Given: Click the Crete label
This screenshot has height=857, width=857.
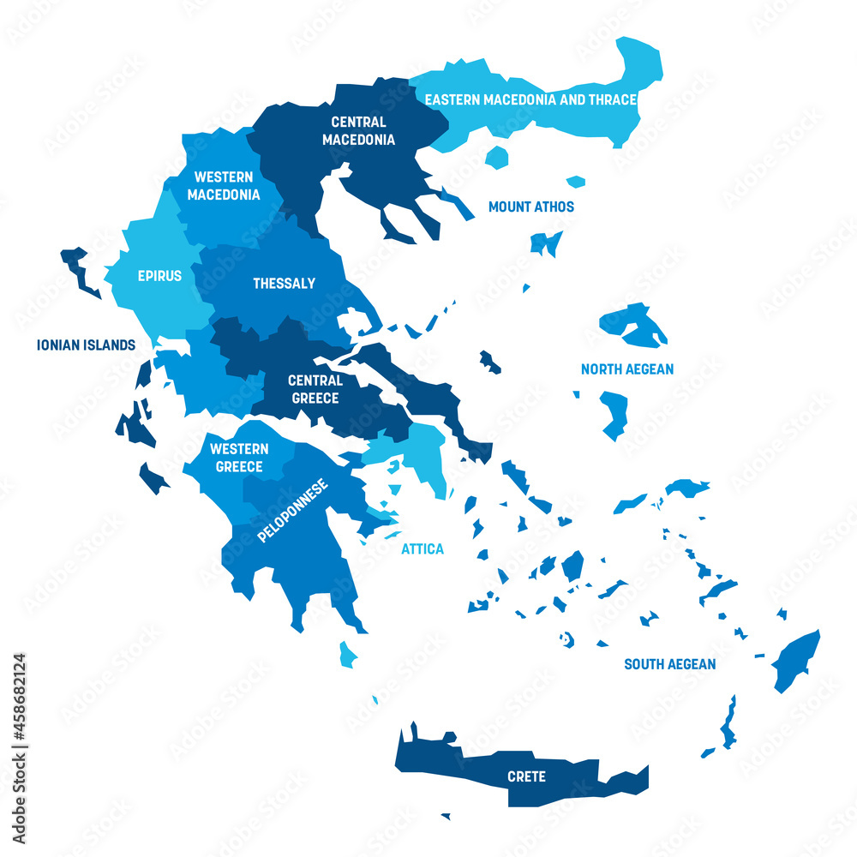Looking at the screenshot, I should coord(526,776).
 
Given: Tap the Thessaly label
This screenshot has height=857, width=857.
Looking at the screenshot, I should coord(284,284).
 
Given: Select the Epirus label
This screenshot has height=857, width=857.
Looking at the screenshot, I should coord(159,276).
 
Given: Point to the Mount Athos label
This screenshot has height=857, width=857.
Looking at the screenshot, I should coord(530,207).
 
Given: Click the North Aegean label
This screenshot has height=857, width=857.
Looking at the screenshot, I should coord(627,369).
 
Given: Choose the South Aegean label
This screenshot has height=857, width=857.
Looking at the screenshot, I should coord(669,664).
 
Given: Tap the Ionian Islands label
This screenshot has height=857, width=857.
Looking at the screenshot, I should coord(86,345).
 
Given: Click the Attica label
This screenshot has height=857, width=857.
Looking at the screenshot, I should coord(423,548).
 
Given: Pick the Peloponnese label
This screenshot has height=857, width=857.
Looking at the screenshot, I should coord(293,512).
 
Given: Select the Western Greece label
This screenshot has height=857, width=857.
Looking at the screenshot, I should coord(239,458).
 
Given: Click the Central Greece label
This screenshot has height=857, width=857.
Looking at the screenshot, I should coord(315,389).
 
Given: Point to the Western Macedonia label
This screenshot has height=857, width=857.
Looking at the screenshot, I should coord(223,186).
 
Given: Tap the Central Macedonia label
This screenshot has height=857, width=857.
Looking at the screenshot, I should coord(358,131).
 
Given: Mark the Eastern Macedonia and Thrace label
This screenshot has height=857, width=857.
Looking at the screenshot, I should coord(531,99).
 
